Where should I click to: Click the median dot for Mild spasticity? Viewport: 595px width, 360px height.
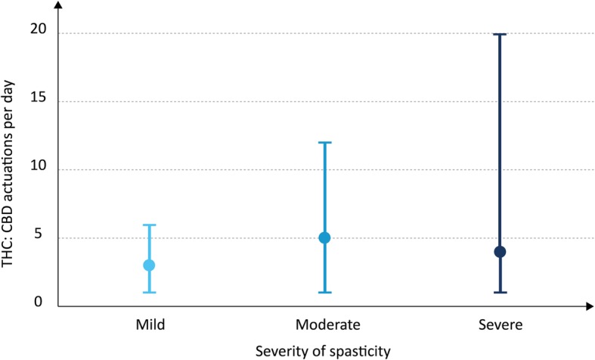(x=149, y=265)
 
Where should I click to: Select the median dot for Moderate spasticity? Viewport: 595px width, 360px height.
(x=324, y=237)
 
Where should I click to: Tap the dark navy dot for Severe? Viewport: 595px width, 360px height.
(x=500, y=252)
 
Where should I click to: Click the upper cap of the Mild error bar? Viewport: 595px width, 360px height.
(x=149, y=225)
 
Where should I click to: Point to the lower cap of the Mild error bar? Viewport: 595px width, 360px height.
(x=149, y=293)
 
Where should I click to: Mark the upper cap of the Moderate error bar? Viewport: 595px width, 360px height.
(x=324, y=142)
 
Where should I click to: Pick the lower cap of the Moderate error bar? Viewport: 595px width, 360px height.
(x=324, y=293)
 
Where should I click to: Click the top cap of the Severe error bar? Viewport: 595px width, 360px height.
(x=500, y=34)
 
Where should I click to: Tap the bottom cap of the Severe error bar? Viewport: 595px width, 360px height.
(x=500, y=293)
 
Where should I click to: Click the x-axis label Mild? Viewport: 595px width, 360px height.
(x=149, y=324)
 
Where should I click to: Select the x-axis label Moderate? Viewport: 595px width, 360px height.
(x=324, y=324)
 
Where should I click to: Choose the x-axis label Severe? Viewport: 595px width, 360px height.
(x=500, y=324)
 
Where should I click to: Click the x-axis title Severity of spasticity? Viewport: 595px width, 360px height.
(x=324, y=350)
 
